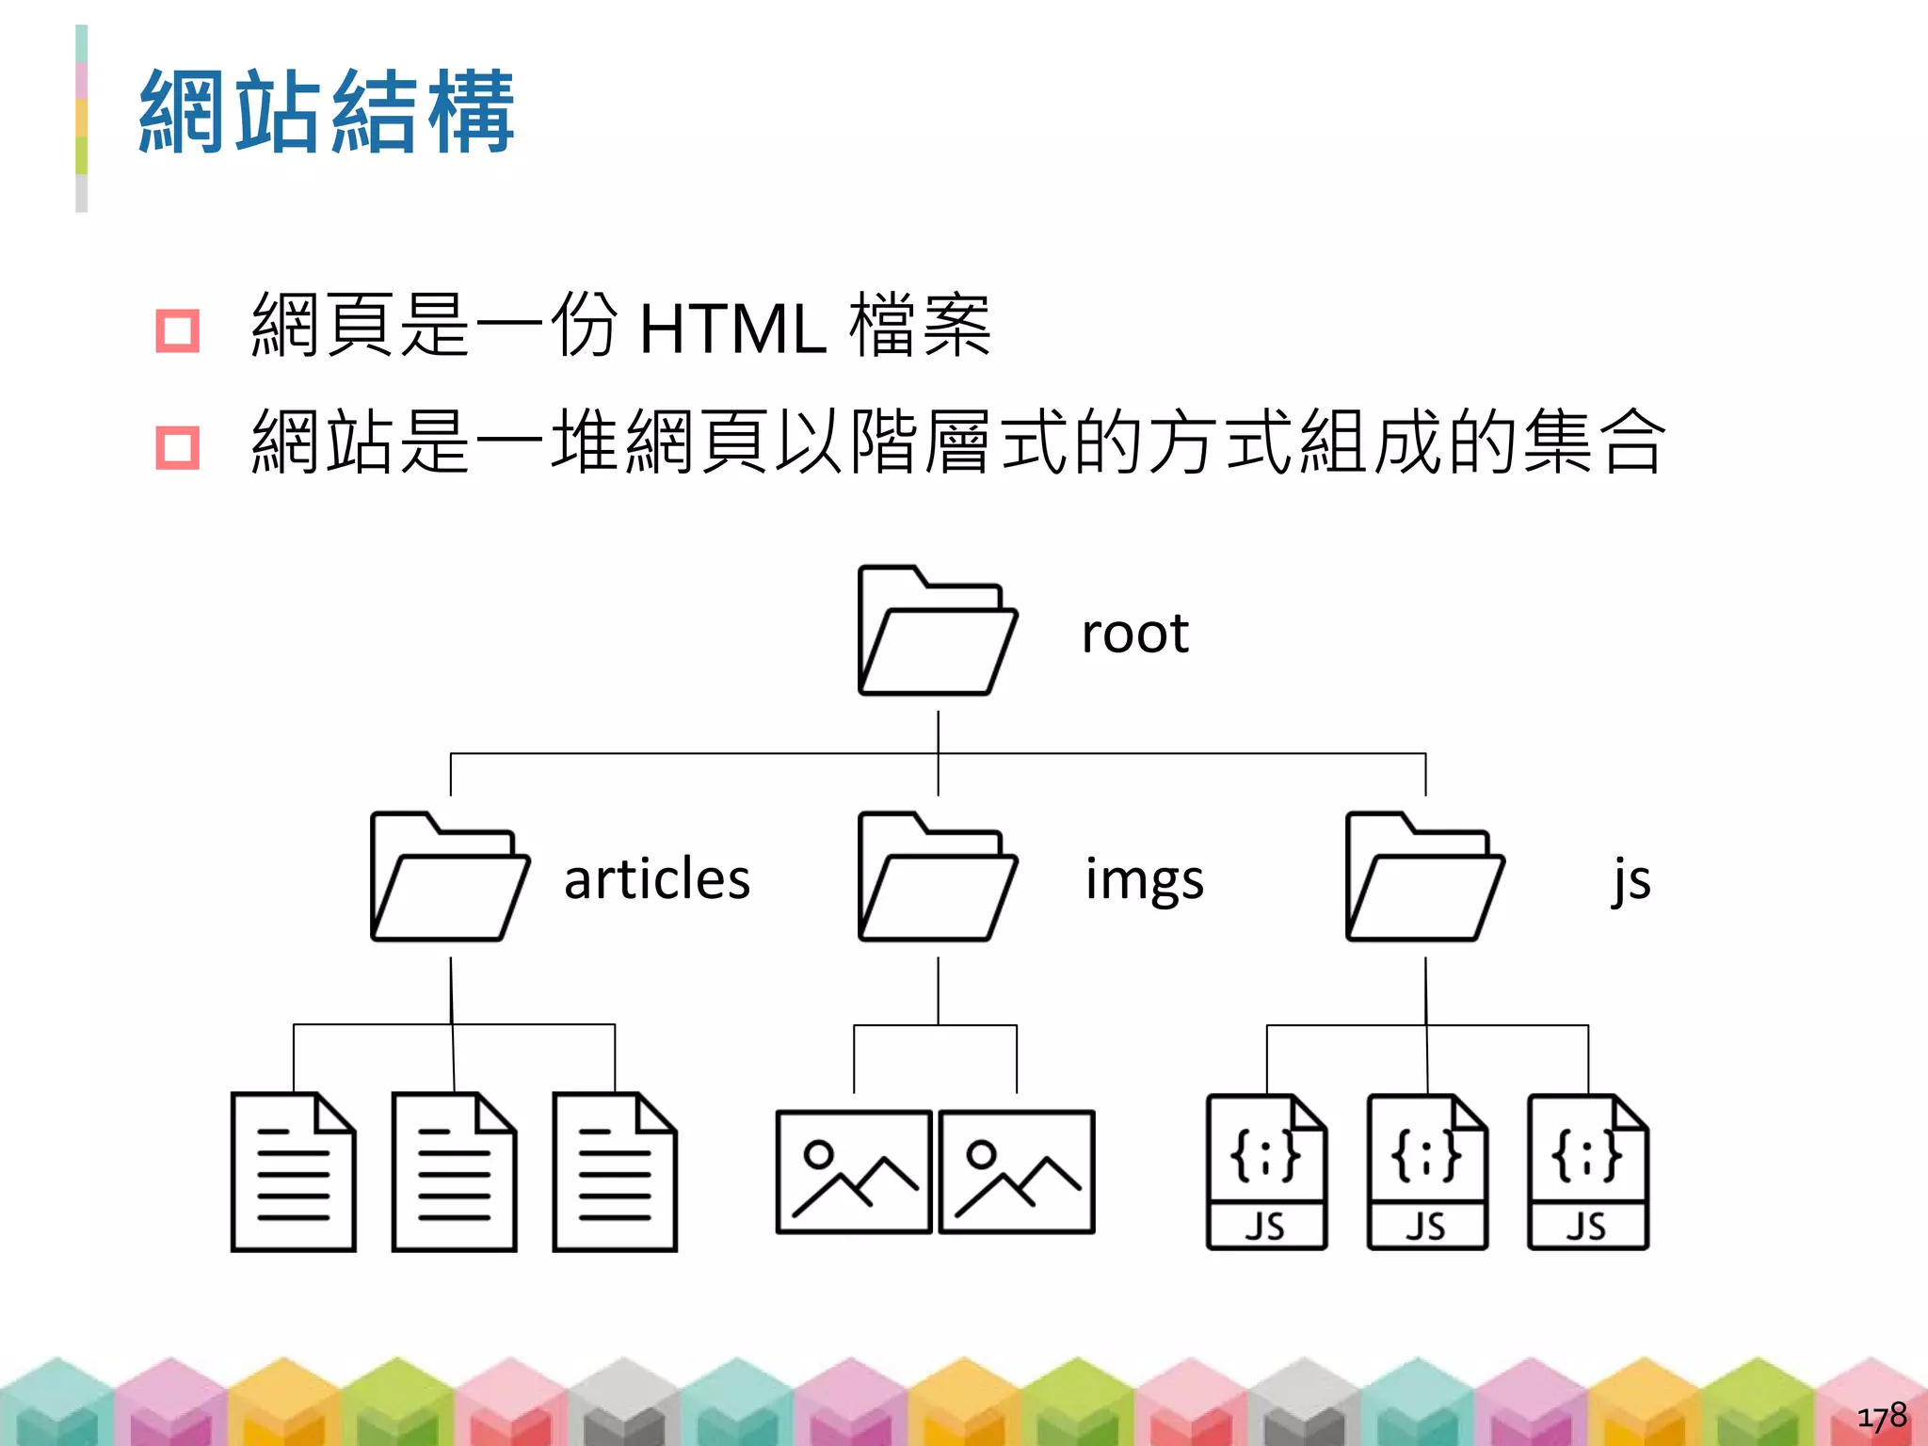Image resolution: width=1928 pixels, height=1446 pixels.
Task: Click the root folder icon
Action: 938,631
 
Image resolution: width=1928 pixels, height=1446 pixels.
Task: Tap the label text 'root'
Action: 1134,634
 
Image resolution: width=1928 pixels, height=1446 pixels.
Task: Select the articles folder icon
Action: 450,877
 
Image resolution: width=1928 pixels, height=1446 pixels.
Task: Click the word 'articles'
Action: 657,879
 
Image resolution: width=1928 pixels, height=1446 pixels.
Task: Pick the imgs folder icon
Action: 938,877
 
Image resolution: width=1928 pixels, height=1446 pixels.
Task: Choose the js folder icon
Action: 1425,877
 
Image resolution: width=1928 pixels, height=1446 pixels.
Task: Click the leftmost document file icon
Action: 294,1172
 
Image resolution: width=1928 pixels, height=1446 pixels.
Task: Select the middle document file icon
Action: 455,1172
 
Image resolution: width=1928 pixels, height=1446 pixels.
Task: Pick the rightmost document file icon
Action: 615,1172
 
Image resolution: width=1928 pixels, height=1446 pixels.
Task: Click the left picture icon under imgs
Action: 854,1172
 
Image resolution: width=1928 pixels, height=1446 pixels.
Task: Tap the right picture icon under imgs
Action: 1017,1172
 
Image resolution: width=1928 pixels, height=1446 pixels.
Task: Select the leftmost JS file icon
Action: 1266,1172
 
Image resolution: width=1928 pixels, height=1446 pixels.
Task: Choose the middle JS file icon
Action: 1427,1172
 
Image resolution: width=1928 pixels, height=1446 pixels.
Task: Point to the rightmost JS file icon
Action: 1588,1172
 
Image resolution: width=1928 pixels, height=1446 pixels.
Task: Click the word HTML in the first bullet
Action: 732,329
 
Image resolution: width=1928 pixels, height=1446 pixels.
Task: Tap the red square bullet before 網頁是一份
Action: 177,330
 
